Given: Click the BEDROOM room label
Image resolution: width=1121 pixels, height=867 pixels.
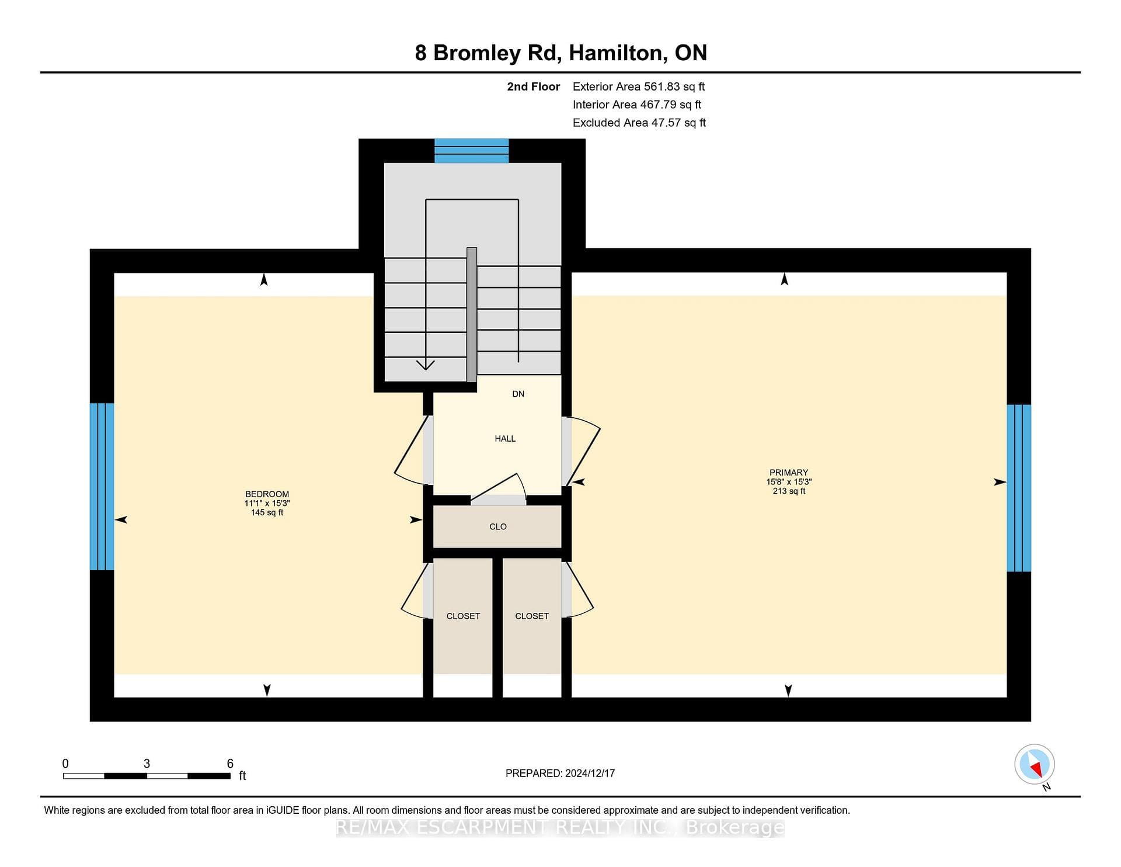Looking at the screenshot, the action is coord(267,494).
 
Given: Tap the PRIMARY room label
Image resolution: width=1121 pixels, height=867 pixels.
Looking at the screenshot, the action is coord(789,473).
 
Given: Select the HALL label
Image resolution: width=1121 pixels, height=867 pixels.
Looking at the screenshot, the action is coord(505,439).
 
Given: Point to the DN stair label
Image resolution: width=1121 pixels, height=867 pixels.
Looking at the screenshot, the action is coord(518,394).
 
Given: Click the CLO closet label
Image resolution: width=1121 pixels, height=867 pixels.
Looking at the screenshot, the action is coord(498,527).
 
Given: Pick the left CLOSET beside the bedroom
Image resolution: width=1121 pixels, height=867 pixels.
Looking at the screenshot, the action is coord(463,616).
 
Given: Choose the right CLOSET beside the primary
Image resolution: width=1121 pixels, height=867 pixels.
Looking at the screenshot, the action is coord(532,616).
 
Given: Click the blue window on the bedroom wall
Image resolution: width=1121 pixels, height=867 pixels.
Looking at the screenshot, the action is coord(102,487).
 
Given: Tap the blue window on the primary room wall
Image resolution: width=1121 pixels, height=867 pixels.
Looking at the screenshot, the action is coord(1019,488).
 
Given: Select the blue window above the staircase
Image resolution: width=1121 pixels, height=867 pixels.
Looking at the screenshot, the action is coord(472,151).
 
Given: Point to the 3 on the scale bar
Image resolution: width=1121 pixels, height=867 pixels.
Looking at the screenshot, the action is coord(147,764).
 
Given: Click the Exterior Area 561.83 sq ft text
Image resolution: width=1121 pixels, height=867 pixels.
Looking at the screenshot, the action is coord(639,86).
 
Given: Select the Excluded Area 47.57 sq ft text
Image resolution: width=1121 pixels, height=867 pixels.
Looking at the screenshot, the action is coord(639,123).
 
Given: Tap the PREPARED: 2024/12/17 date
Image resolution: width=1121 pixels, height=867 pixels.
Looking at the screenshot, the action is coord(560,774).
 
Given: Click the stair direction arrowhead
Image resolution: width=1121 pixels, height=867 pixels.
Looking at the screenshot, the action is coord(426,365).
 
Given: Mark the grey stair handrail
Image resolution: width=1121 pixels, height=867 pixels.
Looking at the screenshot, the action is coord(472,315).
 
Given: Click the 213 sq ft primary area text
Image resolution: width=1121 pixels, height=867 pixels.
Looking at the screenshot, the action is coord(789,491).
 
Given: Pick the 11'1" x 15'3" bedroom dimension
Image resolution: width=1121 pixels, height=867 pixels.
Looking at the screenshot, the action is coord(267,504).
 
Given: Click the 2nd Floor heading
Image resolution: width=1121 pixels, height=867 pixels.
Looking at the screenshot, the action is coord(533,86).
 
